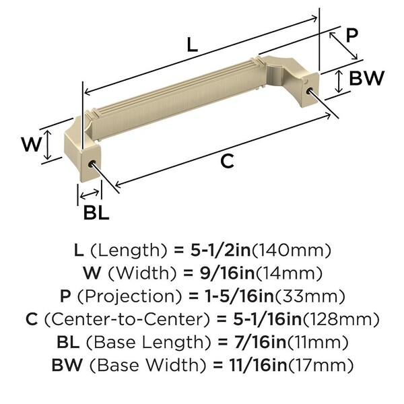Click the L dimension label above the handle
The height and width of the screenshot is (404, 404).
[192, 44]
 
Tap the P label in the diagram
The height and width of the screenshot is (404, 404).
[352, 35]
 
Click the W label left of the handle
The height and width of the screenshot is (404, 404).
[31, 144]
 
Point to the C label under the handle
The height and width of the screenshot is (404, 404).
[228, 161]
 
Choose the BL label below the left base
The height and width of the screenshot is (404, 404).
[96, 212]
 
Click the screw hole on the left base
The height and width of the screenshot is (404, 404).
[92, 164]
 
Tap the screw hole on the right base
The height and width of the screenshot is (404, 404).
[310, 91]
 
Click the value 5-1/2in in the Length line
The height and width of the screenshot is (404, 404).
[221, 250]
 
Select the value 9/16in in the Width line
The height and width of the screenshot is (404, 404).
[228, 273]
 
